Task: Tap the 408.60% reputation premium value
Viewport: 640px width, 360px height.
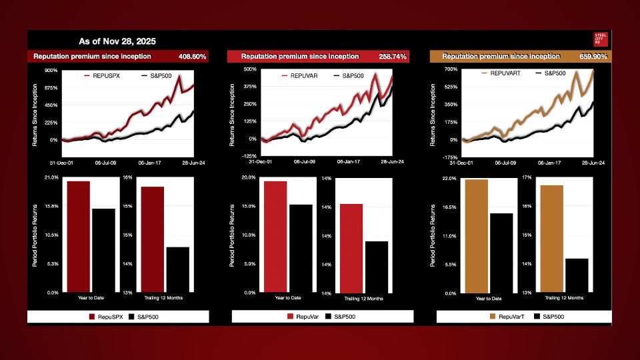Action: (x=192, y=57)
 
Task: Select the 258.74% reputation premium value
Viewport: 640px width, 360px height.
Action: (x=393, y=57)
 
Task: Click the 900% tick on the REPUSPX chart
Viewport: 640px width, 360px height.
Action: (x=50, y=70)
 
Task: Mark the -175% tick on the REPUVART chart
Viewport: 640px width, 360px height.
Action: (x=447, y=157)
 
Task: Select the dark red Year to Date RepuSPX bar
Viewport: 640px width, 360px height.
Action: (x=78, y=237)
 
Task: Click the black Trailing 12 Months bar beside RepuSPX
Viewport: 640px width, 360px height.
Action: (x=177, y=269)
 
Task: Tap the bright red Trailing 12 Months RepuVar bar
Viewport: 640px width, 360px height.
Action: (x=351, y=248)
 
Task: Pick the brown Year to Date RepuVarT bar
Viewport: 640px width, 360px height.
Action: (x=476, y=236)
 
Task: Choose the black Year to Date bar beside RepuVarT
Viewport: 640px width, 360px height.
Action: (x=501, y=253)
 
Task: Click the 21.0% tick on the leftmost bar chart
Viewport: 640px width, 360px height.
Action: (x=51, y=177)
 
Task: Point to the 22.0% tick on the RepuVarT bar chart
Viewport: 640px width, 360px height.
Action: (x=449, y=179)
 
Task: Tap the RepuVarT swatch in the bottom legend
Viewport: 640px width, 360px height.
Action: (x=493, y=317)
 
